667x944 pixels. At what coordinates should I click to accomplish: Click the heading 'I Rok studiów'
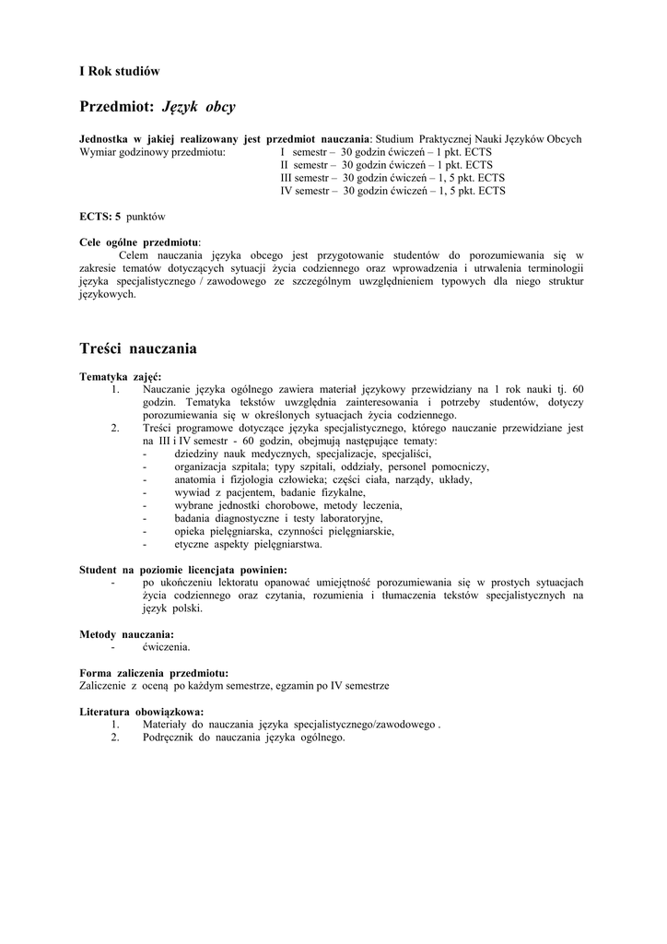click(120, 71)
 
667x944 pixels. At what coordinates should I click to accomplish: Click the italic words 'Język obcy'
click(198, 107)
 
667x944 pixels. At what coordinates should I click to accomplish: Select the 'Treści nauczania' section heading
click(138, 348)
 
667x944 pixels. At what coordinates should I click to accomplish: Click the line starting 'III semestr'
click(392, 178)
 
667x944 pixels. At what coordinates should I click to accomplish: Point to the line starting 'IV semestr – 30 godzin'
click(392, 191)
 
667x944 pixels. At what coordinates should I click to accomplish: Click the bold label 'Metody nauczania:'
click(127, 634)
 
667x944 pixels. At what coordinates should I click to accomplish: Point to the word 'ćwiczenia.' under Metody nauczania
click(167, 647)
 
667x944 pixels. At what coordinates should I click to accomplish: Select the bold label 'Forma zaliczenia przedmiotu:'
click(154, 673)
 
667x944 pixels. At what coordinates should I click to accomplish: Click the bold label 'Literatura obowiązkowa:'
click(142, 712)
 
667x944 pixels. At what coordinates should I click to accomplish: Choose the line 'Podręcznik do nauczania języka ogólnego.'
click(243, 737)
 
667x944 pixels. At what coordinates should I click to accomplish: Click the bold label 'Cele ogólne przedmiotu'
click(139, 242)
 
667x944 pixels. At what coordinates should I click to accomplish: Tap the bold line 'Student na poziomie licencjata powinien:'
click(183, 570)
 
